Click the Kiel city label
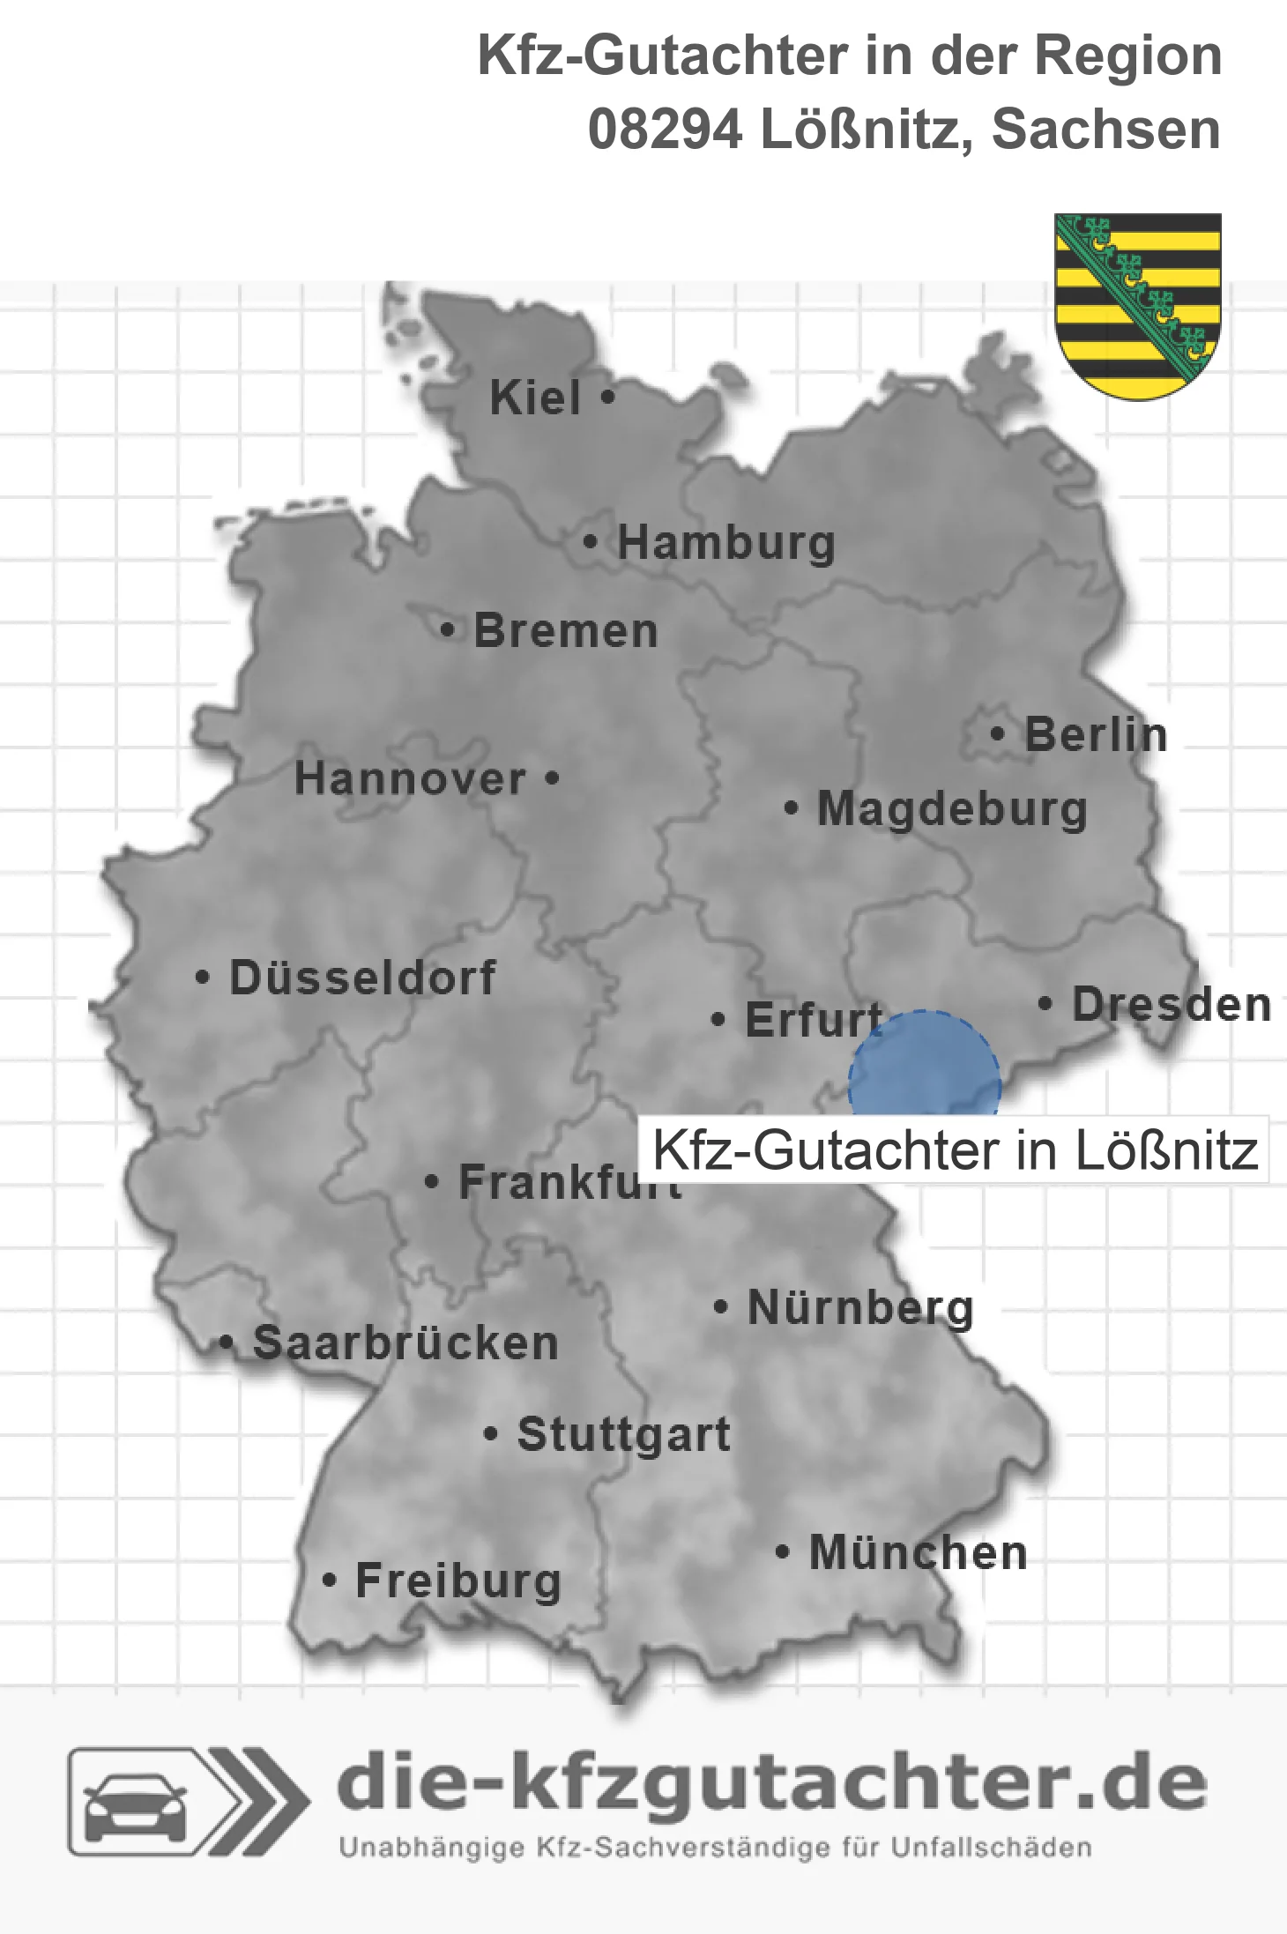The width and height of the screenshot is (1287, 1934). tap(535, 398)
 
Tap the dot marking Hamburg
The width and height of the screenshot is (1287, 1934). tap(590, 542)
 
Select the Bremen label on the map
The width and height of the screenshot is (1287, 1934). tap(566, 631)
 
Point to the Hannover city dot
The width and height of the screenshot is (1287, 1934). tap(552, 778)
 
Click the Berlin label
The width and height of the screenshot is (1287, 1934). tap(1096, 735)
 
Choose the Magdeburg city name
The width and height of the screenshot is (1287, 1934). tap(952, 809)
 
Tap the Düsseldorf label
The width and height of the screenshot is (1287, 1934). tap(362, 978)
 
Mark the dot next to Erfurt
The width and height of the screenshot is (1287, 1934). tap(718, 1020)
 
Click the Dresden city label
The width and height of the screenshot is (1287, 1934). tap(1172, 1005)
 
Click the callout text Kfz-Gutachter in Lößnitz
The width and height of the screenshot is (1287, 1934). tap(955, 1150)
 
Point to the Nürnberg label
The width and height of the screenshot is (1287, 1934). tap(860, 1307)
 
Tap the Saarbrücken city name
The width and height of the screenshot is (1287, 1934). tap(405, 1343)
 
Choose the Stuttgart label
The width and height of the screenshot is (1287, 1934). tap(623, 1434)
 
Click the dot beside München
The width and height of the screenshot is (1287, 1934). tap(781, 1552)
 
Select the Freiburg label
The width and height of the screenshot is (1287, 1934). tap(458, 1581)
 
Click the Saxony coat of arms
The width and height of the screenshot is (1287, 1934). tap(1137, 305)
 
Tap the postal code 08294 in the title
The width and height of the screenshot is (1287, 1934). tap(665, 130)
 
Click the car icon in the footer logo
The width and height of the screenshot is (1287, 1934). tap(134, 1805)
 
